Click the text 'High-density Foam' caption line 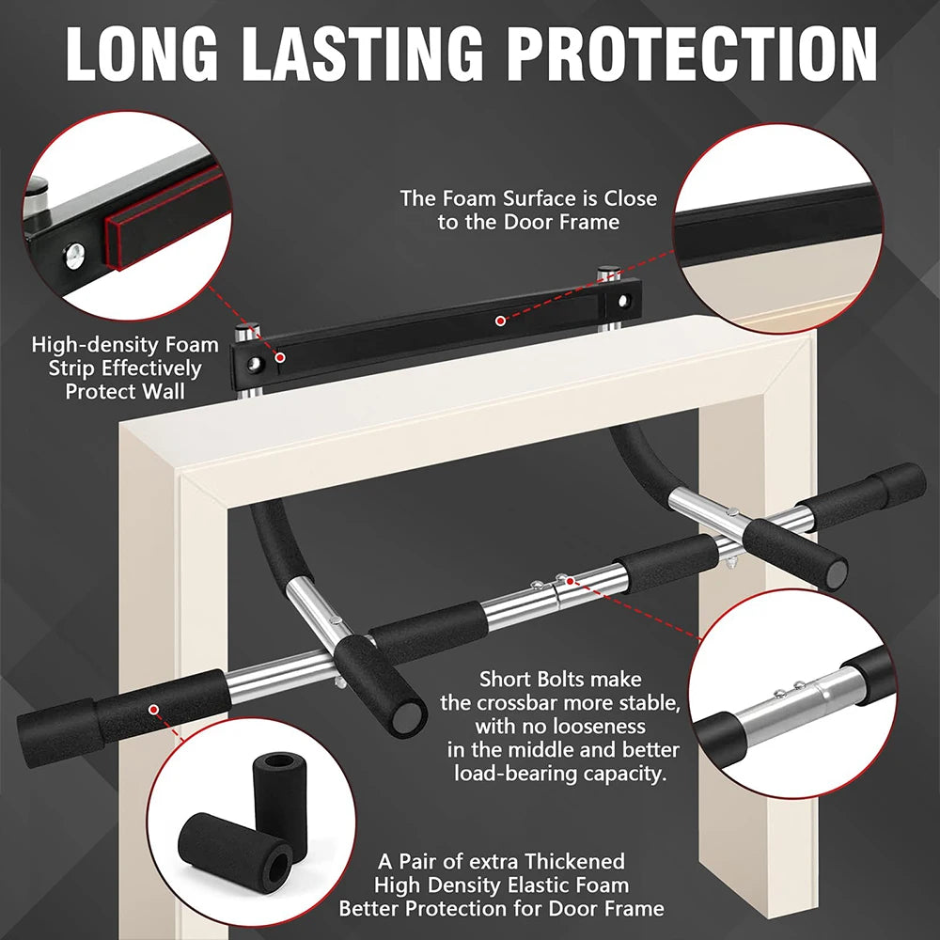pyautogui.click(x=125, y=345)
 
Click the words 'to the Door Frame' pyautogui.click(x=528, y=222)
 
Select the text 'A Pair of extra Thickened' pyautogui.click(x=501, y=861)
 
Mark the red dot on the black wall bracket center pyautogui.click(x=501, y=321)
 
